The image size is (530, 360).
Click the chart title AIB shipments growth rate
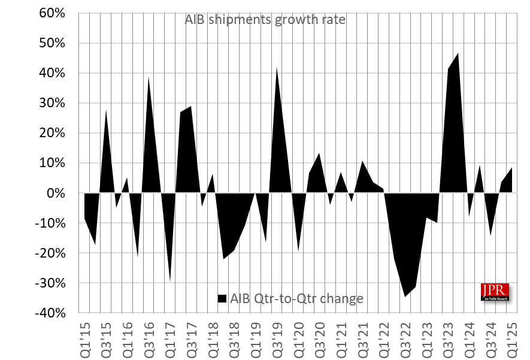tap(264, 20)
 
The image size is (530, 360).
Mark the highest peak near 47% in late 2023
tap(458, 53)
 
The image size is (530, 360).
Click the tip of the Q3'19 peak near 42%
tap(277, 68)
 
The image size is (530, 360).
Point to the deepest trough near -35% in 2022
tap(405, 297)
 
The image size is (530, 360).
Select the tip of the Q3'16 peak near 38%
tap(149, 77)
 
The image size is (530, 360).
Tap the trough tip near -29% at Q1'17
tap(170, 280)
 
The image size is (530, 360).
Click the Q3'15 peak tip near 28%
tap(106, 110)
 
